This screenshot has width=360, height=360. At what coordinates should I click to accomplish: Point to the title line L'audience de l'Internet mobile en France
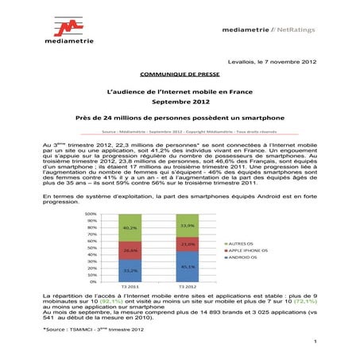click(x=180, y=93)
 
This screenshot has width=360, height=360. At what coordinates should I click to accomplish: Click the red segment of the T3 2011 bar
click(x=130, y=250)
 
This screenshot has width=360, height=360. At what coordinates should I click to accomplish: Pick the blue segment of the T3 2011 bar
click(x=130, y=270)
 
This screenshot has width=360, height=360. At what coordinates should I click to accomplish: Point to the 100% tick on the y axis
click(x=91, y=215)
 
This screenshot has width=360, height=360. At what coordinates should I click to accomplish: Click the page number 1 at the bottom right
click(x=315, y=341)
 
